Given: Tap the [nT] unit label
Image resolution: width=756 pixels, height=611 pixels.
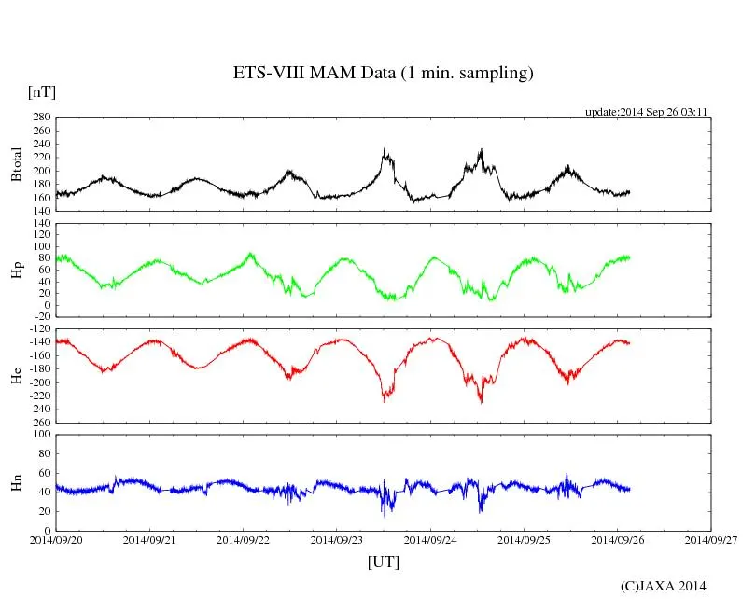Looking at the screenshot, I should (42, 91).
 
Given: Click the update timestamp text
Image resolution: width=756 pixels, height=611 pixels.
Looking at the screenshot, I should (646, 111).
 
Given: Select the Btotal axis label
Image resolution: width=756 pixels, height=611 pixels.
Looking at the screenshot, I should (16, 165).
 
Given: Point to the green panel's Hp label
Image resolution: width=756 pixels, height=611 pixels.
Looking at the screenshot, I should (16, 271).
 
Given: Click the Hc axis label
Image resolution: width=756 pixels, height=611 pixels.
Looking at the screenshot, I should (16, 375).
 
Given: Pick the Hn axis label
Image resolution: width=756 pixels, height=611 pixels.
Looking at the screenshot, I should (16, 481).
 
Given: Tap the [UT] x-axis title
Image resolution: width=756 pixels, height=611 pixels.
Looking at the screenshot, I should (383, 562).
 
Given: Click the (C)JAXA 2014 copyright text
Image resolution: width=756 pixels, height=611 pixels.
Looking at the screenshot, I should (664, 586).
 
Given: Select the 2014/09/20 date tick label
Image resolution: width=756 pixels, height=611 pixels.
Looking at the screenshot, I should (56, 539).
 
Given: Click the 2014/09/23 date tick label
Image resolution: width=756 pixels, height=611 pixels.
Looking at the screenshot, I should (337, 539).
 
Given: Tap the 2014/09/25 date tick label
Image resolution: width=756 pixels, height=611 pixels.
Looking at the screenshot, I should (524, 539).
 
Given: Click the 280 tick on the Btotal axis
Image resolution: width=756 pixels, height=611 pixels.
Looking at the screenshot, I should (41, 118).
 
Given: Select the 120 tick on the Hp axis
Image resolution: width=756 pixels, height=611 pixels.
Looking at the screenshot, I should (41, 223).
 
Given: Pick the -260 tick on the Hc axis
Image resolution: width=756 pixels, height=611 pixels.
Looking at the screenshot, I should (38, 422).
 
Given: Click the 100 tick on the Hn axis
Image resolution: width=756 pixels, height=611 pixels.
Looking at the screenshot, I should (41, 435).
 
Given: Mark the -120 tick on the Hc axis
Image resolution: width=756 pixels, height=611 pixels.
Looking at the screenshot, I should (38, 329).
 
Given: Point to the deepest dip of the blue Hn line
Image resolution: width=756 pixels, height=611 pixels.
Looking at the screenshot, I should (384, 516).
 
